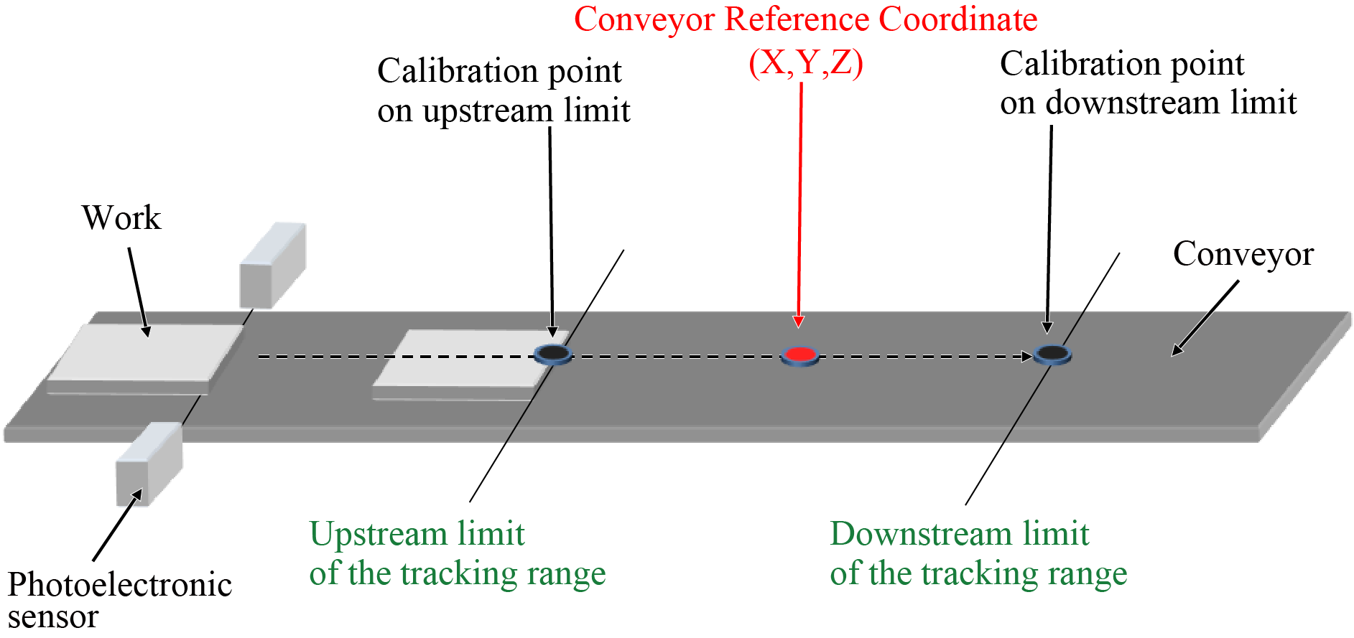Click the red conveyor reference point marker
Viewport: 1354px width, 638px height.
tap(799, 355)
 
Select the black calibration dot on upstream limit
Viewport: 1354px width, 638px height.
tap(553, 353)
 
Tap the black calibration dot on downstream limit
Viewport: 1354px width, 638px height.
tap(1052, 353)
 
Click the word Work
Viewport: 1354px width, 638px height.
tap(121, 218)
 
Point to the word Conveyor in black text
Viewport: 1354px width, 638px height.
tap(1243, 254)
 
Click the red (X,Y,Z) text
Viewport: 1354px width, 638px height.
tap(805, 62)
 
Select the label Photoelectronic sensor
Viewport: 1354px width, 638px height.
tap(119, 599)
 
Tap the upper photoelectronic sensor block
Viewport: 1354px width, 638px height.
tap(272, 266)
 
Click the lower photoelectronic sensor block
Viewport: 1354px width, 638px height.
tap(149, 464)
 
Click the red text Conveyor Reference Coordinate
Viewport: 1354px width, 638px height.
tap(805, 19)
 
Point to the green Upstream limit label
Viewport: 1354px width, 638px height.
tap(457, 553)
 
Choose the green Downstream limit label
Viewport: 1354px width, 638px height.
tap(978, 553)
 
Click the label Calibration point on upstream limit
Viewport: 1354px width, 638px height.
tap(503, 90)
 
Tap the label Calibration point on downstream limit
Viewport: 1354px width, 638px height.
tap(1147, 83)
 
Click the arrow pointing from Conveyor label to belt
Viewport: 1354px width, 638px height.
tap(1205, 317)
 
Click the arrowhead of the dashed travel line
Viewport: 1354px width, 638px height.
tap(1027, 357)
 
